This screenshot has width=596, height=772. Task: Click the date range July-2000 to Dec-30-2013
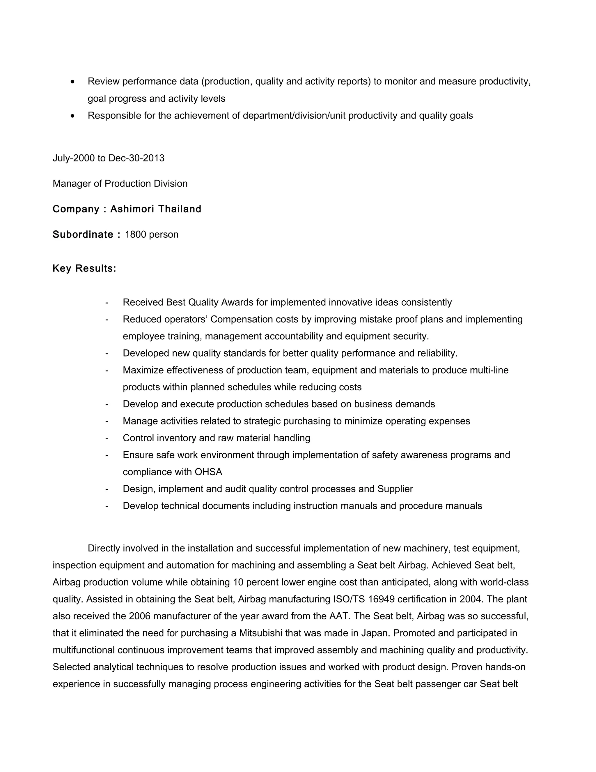[x=108, y=158]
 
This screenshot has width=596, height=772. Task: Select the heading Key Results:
[x=84, y=269]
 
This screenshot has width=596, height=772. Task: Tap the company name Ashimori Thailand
[x=156, y=209]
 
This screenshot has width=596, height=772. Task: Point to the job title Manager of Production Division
[x=120, y=184]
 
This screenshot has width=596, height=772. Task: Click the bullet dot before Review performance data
[x=73, y=82]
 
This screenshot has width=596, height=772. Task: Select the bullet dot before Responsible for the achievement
[x=73, y=116]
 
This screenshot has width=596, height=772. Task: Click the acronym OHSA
[x=208, y=472]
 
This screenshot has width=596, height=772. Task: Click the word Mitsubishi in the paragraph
[x=260, y=633]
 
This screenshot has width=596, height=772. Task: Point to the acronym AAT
[x=339, y=616]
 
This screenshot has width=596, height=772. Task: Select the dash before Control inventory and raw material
[x=107, y=438]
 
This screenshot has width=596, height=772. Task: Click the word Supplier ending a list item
[x=395, y=489]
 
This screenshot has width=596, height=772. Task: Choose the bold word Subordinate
[x=83, y=235]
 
